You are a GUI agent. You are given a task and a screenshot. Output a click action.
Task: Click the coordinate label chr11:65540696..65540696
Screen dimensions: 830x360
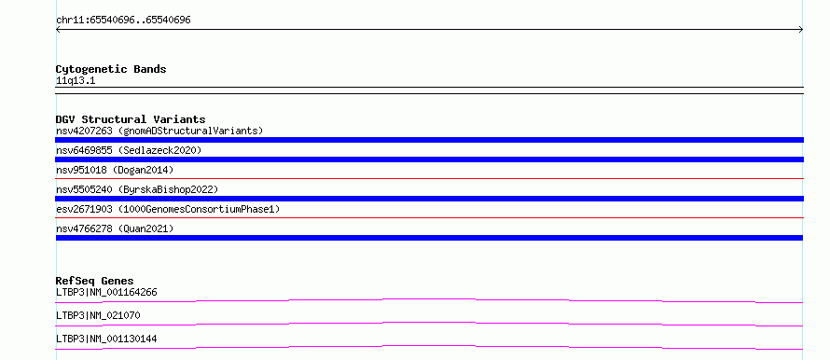(x=123, y=21)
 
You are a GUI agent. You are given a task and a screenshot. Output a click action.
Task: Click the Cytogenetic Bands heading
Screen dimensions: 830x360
(x=111, y=69)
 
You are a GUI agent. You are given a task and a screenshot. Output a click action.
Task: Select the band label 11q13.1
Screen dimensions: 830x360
(x=76, y=81)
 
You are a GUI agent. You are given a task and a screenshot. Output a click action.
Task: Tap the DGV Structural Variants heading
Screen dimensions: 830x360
(x=131, y=119)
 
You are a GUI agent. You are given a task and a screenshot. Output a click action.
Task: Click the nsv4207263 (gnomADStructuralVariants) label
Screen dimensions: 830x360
(x=159, y=131)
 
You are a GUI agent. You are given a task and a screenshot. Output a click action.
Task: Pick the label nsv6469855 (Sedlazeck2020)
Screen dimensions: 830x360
(x=129, y=150)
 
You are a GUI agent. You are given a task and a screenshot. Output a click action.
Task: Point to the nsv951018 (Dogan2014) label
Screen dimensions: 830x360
(x=115, y=170)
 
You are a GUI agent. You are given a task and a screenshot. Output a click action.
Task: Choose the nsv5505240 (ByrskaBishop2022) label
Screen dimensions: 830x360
(x=137, y=189)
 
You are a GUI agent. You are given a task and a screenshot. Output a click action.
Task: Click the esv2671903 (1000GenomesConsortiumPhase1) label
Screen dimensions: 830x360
(x=168, y=209)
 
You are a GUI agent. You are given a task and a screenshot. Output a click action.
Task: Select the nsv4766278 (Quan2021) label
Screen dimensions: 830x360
(x=115, y=228)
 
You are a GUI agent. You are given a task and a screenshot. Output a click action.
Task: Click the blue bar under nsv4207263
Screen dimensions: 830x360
(x=429, y=140)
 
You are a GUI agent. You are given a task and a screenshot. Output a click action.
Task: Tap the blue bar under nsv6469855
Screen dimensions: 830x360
(x=429, y=159)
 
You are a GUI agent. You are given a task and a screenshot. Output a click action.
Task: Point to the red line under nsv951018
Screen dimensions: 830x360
(x=429, y=179)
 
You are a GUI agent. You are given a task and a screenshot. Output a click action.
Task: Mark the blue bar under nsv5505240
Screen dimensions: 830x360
(x=429, y=199)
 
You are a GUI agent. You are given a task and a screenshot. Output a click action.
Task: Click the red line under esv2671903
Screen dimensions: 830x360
(x=429, y=218)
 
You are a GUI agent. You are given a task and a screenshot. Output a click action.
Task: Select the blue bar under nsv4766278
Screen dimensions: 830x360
(x=429, y=238)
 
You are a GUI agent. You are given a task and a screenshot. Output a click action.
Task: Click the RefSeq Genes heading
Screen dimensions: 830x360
(x=95, y=281)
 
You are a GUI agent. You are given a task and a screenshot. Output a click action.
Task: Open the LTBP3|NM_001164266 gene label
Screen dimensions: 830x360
(x=106, y=292)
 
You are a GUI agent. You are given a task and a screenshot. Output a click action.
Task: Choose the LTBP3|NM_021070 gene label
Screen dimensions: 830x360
(x=98, y=315)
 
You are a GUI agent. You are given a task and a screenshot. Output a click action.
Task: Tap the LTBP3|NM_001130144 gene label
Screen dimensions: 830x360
(x=106, y=339)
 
